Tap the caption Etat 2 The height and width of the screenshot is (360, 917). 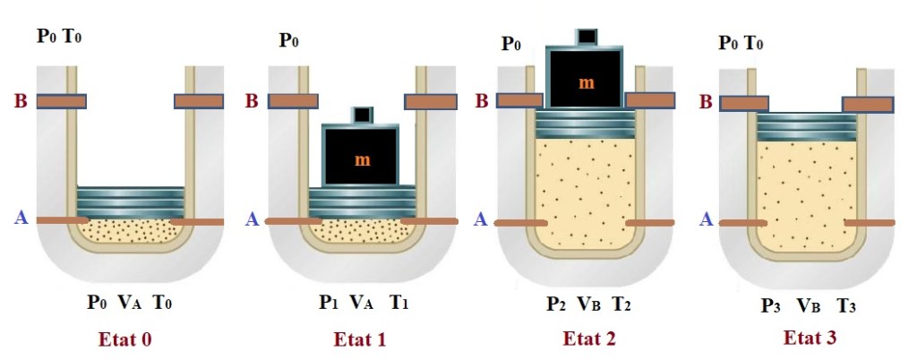tap(587, 339)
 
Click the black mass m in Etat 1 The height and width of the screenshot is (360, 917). tap(361, 159)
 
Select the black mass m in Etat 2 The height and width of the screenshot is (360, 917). tap(586, 81)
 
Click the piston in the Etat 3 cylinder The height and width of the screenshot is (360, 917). tap(801, 127)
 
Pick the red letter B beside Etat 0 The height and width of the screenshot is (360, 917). tap(20, 101)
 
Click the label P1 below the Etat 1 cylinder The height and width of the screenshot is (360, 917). tap(328, 303)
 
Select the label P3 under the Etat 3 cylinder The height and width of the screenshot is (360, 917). tap(771, 304)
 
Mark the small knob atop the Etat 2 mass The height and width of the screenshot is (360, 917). tap(587, 36)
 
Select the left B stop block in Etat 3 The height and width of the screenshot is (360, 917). tap(744, 103)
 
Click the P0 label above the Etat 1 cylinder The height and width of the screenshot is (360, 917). tap(289, 40)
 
